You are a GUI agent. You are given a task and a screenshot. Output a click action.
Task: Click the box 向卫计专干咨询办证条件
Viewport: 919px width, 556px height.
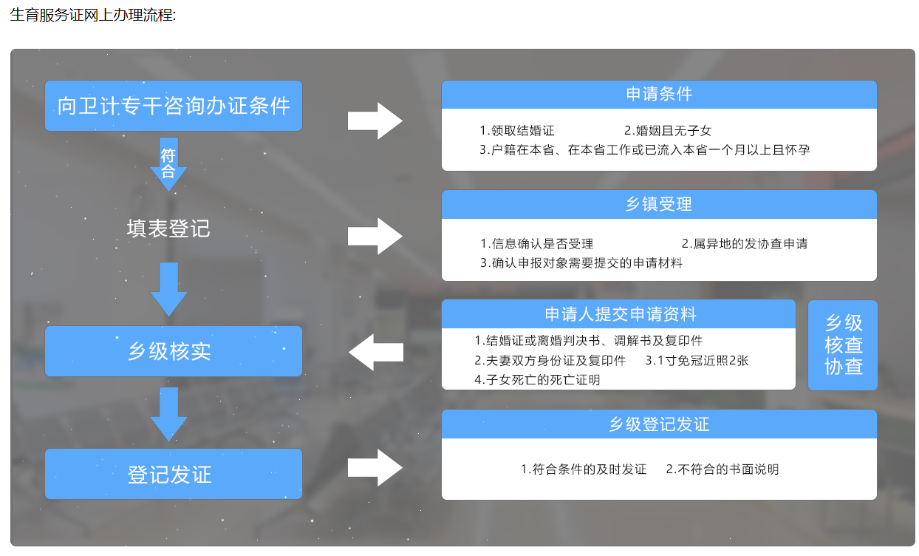click(x=174, y=106)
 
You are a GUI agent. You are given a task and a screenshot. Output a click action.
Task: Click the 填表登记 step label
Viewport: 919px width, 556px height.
click(x=168, y=228)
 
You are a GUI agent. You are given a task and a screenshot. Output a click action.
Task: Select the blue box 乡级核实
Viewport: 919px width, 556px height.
click(x=174, y=351)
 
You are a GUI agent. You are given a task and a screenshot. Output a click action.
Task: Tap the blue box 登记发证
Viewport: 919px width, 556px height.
click(x=174, y=474)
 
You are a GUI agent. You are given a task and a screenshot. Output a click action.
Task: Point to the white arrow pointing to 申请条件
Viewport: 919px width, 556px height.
click(x=375, y=121)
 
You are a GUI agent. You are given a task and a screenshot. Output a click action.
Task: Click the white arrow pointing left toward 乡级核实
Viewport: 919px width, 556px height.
click(x=375, y=352)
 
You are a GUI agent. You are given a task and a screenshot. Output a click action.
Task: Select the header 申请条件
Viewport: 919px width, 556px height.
click(x=659, y=95)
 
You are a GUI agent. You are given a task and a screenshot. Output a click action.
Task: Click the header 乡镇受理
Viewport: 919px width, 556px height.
click(x=659, y=204)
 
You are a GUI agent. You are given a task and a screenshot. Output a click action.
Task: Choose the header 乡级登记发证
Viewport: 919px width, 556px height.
click(x=659, y=424)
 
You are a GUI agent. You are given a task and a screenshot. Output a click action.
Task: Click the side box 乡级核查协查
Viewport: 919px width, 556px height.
click(x=843, y=345)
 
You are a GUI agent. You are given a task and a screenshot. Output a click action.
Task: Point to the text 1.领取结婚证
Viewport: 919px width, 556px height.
click(x=517, y=131)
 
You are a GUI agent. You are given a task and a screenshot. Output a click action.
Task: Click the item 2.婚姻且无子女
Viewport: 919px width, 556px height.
click(x=668, y=131)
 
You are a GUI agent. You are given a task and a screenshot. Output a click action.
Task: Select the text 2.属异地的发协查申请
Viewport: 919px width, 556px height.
click(x=745, y=243)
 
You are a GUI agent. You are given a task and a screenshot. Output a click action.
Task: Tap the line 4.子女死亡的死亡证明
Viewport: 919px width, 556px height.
click(x=537, y=380)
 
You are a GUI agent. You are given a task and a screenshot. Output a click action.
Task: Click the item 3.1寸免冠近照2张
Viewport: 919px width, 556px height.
click(x=697, y=361)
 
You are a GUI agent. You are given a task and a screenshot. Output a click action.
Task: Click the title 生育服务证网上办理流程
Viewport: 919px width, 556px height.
click(x=93, y=15)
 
